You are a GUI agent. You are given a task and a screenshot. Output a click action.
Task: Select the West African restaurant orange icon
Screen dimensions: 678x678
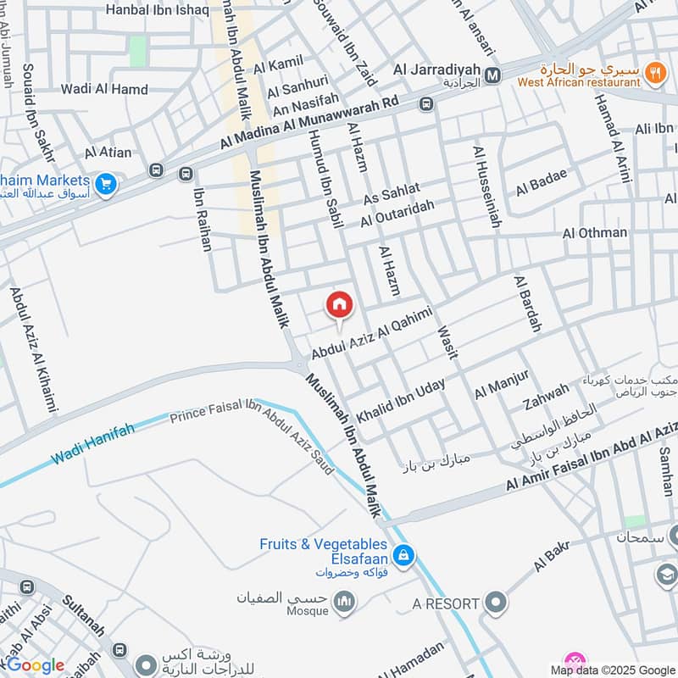tap(654, 73)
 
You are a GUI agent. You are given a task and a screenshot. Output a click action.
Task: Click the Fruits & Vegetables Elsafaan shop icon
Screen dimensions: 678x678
tap(403, 555)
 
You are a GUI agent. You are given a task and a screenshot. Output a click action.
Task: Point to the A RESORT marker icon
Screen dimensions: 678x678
tap(497, 603)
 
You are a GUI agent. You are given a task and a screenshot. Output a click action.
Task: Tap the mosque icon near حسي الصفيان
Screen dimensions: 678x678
tap(343, 603)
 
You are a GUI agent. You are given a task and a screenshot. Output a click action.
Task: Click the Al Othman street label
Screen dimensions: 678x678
tap(595, 232)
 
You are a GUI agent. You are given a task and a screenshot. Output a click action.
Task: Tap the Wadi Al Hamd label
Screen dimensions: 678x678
tap(104, 89)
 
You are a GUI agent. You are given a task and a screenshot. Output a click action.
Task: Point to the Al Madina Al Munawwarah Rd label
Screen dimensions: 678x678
tap(309, 124)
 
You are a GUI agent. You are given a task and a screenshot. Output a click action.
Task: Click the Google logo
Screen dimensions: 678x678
tap(35, 665)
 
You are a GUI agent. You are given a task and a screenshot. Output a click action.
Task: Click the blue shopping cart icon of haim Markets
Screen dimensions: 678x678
tap(106, 184)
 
